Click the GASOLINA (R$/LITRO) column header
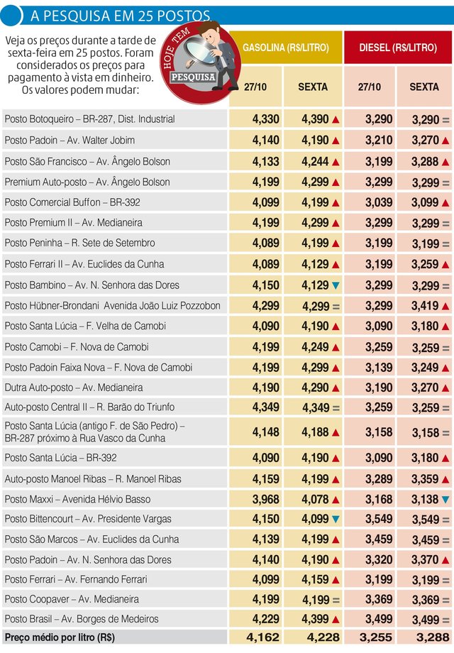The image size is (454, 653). (x=286, y=47)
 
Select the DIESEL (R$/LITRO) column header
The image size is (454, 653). (x=399, y=47)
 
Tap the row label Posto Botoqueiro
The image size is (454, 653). (x=89, y=119)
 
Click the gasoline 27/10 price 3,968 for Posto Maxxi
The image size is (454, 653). (x=265, y=499)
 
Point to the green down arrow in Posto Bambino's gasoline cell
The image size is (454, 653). (x=336, y=285)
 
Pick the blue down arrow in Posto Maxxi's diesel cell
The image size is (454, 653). (x=445, y=499)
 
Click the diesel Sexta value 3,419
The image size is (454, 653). (x=424, y=307)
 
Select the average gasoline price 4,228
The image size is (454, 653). (x=321, y=637)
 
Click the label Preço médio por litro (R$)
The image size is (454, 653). (x=60, y=637)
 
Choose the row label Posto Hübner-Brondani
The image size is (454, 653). (x=112, y=307)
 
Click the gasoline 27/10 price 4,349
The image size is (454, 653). (x=265, y=408)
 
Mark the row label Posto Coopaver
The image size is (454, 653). (x=72, y=600)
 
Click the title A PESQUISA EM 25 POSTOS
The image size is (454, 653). (x=116, y=15)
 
